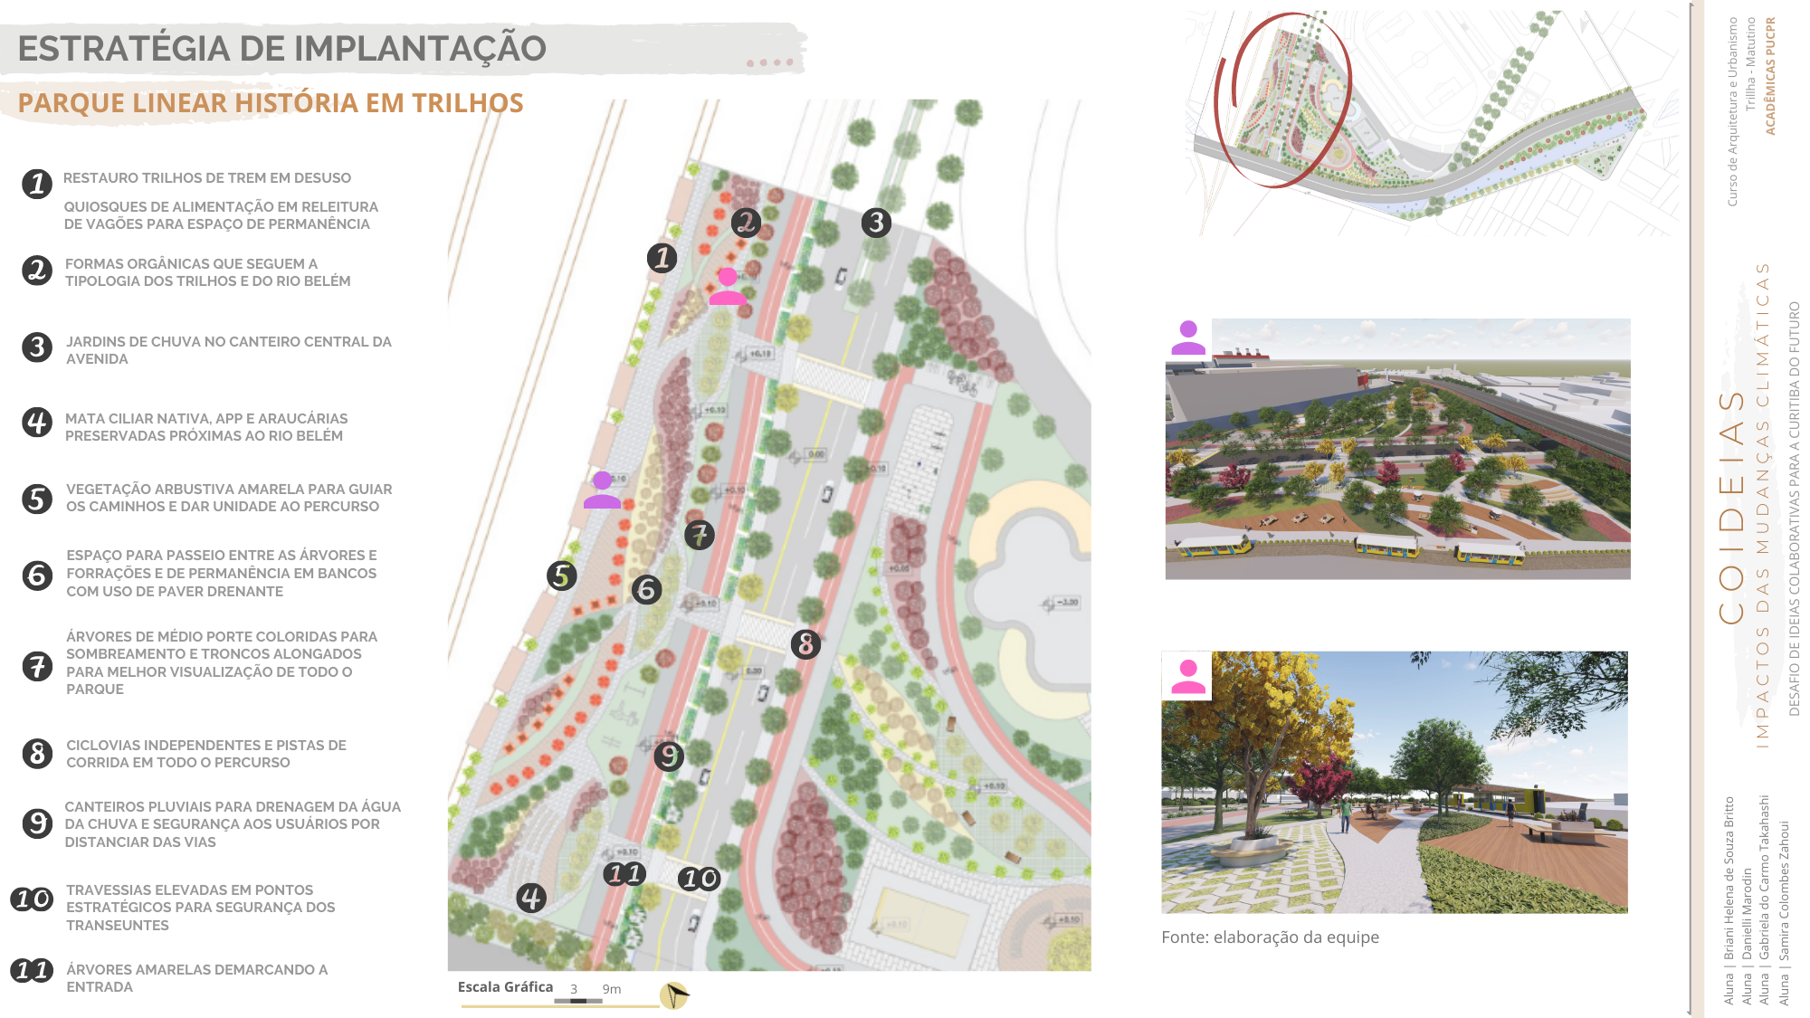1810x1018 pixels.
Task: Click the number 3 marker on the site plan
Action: coord(875,223)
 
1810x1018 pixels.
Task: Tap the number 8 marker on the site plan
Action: coord(805,644)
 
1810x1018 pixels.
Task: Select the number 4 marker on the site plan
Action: coord(531,898)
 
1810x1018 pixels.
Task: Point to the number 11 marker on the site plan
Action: coord(624,874)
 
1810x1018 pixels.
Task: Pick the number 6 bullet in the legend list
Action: coord(37,575)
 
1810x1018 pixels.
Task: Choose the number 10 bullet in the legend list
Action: coord(32,899)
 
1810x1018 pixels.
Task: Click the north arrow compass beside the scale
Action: coord(674,995)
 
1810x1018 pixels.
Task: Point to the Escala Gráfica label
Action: coord(505,987)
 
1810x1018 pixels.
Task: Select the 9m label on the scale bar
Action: coord(612,990)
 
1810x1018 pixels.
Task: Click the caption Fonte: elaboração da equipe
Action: coord(1270,937)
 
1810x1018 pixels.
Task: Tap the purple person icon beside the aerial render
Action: coord(1188,338)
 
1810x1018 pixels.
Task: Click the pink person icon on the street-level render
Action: coord(1187,677)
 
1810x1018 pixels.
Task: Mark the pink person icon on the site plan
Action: coord(728,286)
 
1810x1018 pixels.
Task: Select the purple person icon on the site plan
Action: coord(602,490)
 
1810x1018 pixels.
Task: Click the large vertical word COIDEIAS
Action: coord(1731,507)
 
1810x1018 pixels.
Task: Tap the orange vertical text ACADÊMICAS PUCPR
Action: coord(1770,77)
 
